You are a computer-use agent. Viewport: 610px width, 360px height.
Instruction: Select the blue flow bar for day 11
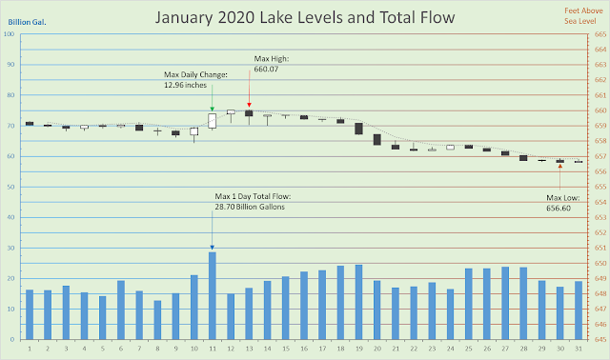[212, 296]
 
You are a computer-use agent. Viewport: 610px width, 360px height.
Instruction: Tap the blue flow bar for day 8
[157, 320]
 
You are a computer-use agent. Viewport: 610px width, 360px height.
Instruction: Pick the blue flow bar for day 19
[358, 302]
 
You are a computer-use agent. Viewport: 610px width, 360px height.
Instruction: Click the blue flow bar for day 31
[579, 310]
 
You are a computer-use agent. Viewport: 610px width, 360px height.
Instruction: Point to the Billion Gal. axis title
[27, 22]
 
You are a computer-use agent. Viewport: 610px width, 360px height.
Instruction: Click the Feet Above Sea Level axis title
[583, 16]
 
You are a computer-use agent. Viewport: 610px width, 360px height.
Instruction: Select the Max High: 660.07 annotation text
[272, 64]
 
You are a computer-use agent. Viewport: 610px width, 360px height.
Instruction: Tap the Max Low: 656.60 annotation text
[562, 203]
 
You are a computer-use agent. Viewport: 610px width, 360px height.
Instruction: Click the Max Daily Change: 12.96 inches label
[195, 80]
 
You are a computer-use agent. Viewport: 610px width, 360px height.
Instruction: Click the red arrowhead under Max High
[250, 105]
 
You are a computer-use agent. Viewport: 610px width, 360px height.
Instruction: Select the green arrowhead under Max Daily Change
[212, 109]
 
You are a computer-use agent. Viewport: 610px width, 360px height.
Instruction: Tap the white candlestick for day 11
[212, 121]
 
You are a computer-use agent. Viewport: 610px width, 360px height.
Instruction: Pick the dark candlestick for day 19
[358, 129]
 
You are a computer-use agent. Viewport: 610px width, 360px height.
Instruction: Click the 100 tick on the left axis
[9, 34]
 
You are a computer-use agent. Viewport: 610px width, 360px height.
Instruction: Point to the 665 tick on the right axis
[600, 34]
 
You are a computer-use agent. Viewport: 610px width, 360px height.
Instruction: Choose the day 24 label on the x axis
[450, 349]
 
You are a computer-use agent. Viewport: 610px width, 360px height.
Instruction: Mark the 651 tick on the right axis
[600, 248]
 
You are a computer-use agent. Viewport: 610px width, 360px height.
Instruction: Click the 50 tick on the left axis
[10, 187]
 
